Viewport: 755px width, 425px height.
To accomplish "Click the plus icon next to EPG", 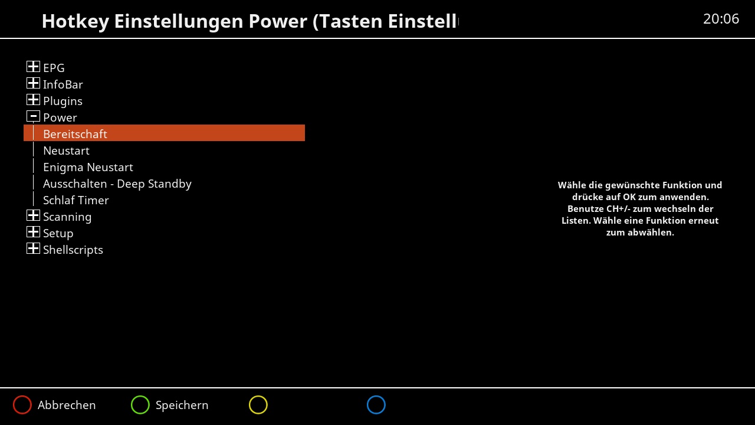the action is point(33,67).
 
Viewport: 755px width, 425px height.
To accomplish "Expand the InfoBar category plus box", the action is point(33,83).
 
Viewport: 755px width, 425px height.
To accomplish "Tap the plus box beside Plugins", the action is point(33,100).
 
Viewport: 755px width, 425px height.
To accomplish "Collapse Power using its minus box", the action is point(33,116).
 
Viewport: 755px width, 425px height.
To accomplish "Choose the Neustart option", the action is point(66,151).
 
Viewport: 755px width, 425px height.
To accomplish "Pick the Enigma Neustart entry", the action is point(88,167).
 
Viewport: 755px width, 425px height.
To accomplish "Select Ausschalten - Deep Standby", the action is point(117,184).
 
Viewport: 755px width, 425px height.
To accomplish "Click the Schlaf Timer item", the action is point(76,200).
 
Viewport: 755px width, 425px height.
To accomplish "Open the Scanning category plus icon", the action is point(33,215).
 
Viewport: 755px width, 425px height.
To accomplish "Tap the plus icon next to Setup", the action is point(33,232).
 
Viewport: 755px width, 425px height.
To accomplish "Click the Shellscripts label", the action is point(73,250).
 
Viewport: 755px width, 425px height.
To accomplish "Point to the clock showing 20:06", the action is point(721,19).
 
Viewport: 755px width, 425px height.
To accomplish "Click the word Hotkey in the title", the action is point(75,21).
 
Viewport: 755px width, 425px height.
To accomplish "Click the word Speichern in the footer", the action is point(182,405).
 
